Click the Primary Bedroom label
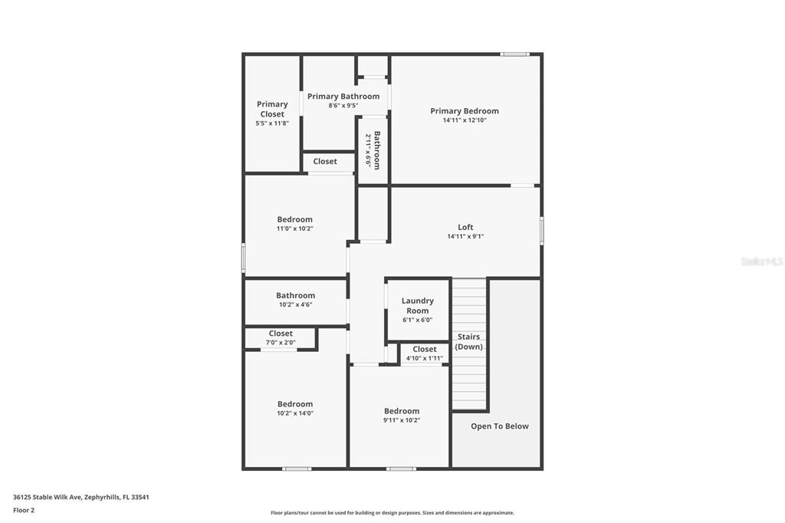point(464,111)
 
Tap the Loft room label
point(465,227)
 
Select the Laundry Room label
point(417,305)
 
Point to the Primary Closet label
point(272,109)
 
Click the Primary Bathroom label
point(343,97)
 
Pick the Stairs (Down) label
point(469,341)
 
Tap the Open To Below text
point(499,426)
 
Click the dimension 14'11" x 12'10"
point(464,120)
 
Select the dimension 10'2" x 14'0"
point(295,413)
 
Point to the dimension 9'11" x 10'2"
point(402,420)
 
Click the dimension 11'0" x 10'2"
point(295,229)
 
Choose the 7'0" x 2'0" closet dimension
point(281,343)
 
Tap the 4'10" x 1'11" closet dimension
point(425,358)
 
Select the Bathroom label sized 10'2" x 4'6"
point(295,295)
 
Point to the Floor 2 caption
point(24,510)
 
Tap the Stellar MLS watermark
point(761,261)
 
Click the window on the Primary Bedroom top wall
point(514,54)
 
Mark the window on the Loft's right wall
point(541,230)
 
